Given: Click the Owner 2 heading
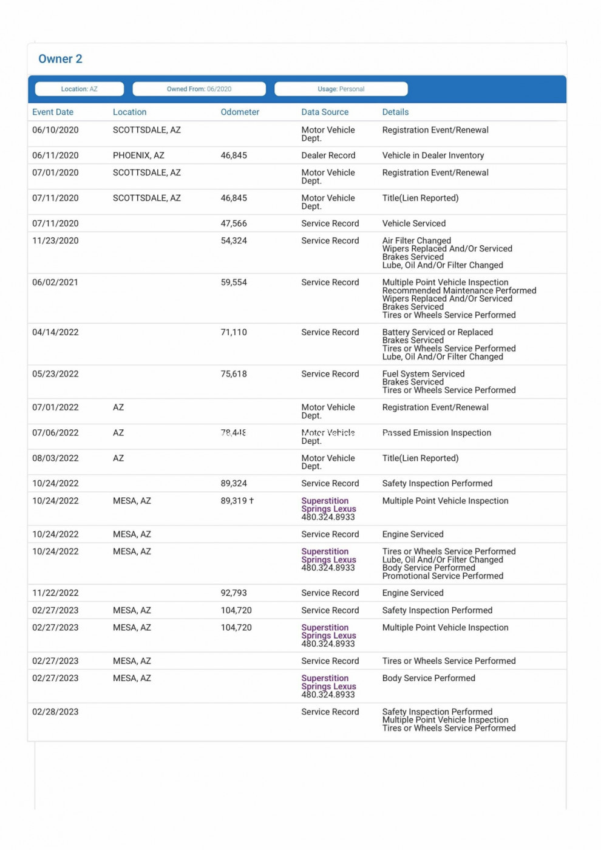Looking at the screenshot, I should [x=60, y=59].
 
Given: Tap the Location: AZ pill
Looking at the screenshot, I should [x=80, y=89].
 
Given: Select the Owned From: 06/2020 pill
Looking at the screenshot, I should [x=199, y=89].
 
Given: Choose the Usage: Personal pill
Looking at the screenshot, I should [x=341, y=89].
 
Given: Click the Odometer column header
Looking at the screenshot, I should [x=240, y=112].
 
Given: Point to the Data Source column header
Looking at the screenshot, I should [x=325, y=112].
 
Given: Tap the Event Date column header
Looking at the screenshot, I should [x=53, y=112].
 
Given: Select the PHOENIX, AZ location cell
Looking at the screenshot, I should [x=138, y=155].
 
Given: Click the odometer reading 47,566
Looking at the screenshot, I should [x=234, y=223].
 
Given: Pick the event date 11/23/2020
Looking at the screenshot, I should [x=55, y=241].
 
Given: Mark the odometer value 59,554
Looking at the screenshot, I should [x=234, y=282].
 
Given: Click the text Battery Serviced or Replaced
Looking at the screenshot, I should [x=437, y=332].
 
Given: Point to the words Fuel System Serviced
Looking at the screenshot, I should [x=423, y=374].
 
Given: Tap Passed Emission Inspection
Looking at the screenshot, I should [x=436, y=433].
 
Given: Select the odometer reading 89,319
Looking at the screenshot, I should [x=234, y=501].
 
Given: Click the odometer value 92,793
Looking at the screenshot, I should [x=234, y=593].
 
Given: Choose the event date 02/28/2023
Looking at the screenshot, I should [x=55, y=712].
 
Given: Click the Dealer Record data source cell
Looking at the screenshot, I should [x=328, y=155].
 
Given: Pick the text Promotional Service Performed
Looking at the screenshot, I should [x=443, y=576].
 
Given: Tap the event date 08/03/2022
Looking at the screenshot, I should [x=55, y=458].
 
